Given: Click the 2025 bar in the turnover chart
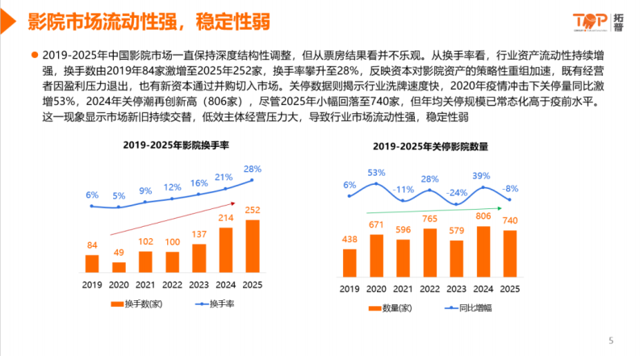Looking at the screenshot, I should pyautogui.click(x=252, y=246).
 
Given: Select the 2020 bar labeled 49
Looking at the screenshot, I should pyautogui.click(x=119, y=266).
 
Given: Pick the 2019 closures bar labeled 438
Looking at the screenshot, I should pyautogui.click(x=349, y=262).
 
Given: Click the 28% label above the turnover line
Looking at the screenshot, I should pyautogui.click(x=253, y=169).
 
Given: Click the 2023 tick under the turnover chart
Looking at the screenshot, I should pyautogui.click(x=199, y=284).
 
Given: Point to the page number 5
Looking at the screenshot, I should pyautogui.click(x=610, y=339).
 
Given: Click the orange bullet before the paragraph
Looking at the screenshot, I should pyautogui.click(x=35, y=56).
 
